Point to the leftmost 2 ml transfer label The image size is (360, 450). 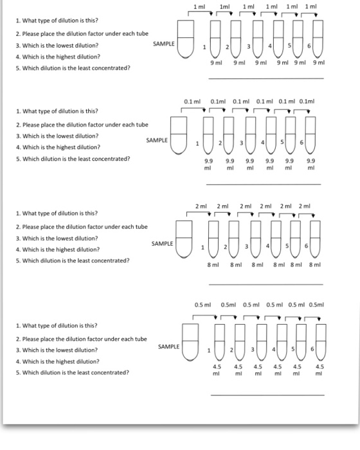(x=201, y=206)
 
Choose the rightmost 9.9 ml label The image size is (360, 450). (x=311, y=165)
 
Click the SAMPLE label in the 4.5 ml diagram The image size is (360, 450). (x=168, y=346)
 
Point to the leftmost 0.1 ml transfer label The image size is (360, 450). (x=193, y=102)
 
